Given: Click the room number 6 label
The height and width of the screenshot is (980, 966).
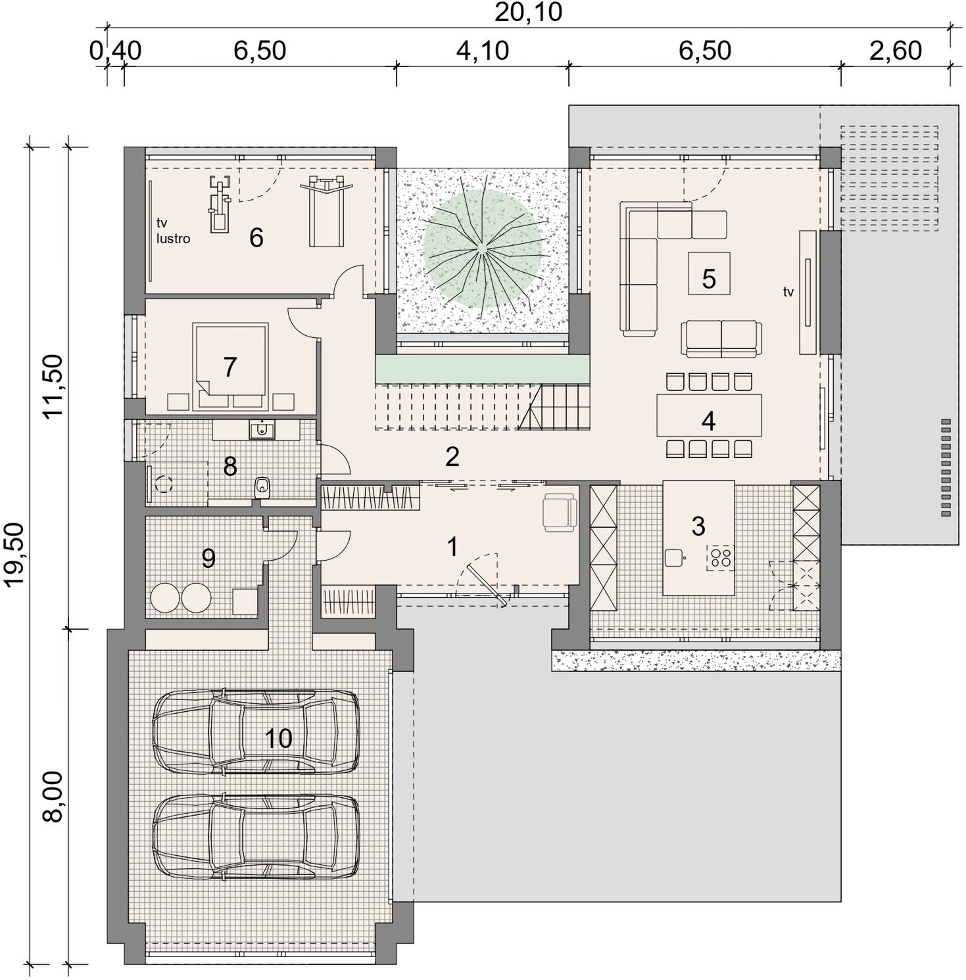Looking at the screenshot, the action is pos(256,237).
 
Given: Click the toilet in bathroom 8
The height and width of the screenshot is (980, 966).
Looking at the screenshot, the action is pos(262,488).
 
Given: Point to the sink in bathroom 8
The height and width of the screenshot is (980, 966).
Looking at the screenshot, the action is pos(262,430).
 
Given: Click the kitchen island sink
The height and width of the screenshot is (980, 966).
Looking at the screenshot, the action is pos(675,558).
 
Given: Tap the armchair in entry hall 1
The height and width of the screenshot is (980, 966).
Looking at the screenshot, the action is pos(560,512).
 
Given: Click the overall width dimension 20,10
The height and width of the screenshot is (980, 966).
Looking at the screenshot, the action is pos(528,12).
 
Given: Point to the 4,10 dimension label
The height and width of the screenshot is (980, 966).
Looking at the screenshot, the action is pos(483,51).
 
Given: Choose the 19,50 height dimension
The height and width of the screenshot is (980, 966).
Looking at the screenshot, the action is pos(14,554).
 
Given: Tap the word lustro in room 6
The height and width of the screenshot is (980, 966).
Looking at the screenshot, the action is pos(173,239).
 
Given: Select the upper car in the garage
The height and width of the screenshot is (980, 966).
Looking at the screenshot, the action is pos(256,731).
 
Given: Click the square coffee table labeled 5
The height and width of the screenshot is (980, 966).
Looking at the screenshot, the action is pos(708,273).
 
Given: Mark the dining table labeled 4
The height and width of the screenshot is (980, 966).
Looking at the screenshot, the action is pos(709,415).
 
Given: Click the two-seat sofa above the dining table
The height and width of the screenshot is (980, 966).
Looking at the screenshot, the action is pos(721,338).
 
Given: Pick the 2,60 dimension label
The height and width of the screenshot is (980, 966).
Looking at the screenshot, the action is pos(896,51).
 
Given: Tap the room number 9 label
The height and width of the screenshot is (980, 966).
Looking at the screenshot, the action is pos(208,559).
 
